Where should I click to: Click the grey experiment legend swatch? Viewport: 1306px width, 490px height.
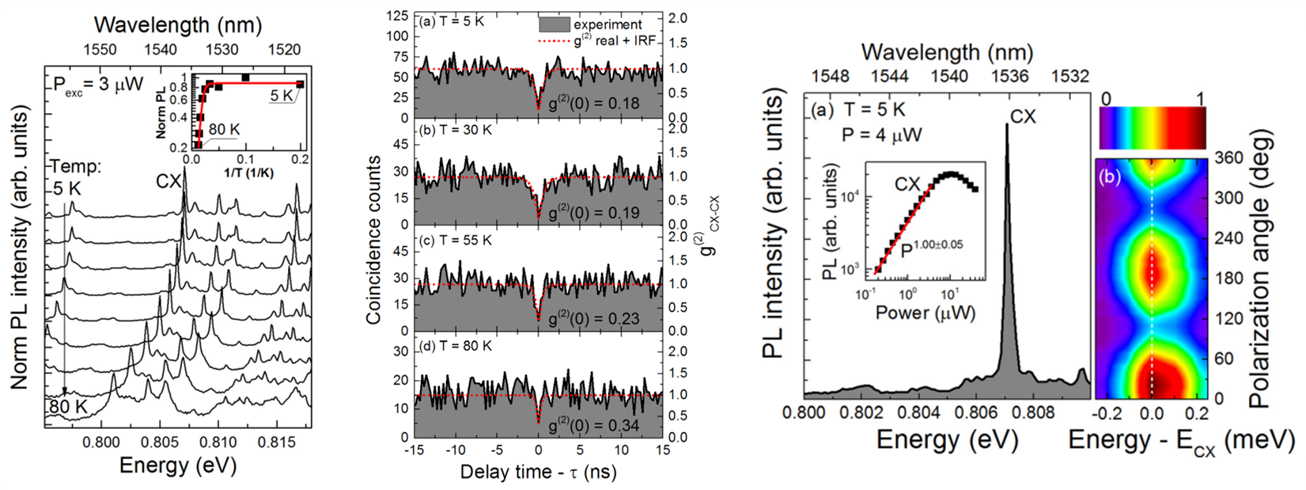click(553, 24)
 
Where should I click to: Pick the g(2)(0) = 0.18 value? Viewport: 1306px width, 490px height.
click(594, 104)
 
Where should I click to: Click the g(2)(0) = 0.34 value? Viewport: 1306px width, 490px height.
click(594, 424)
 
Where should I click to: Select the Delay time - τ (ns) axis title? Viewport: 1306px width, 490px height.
click(538, 473)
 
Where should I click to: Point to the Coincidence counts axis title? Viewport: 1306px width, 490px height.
click(373, 239)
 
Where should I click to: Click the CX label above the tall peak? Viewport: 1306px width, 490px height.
click(1021, 118)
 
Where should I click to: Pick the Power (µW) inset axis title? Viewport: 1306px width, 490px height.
click(925, 312)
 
